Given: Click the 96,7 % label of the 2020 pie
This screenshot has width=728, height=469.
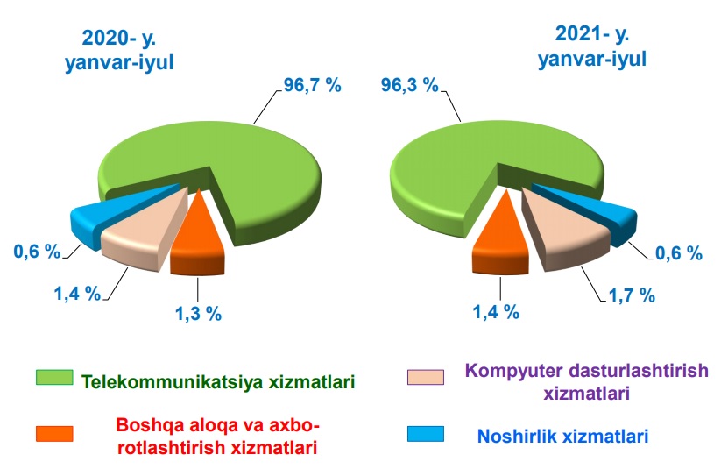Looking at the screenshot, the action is tap(313, 85).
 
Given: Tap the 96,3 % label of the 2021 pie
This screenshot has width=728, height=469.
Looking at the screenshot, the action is tap(409, 85).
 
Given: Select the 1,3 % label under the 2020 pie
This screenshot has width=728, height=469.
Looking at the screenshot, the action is tap(198, 314).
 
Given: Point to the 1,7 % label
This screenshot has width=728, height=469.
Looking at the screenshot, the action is tap(632, 295).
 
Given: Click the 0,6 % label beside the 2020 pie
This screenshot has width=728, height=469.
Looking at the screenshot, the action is tap(37, 252).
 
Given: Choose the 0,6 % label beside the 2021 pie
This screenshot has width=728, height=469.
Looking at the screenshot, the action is tap(679, 253).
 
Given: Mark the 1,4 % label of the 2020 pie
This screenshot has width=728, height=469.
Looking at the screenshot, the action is tap(78, 294).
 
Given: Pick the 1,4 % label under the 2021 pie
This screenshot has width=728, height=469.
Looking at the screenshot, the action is tap(496, 312).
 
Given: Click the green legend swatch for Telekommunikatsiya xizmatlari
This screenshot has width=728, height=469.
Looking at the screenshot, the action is tap(54, 377).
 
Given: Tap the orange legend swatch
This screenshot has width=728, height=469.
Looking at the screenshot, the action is tap(54, 434).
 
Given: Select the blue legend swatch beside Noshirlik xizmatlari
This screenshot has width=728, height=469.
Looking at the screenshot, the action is tap(426, 434).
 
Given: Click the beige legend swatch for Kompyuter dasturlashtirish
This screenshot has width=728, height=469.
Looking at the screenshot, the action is tap(426, 377).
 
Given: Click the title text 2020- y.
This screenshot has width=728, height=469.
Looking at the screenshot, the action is tap(119, 38).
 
